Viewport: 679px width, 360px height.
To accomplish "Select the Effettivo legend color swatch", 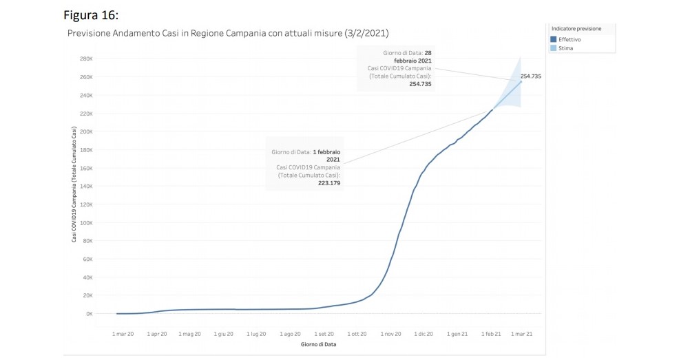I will [554, 39].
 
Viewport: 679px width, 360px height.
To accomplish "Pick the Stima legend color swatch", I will [554, 48].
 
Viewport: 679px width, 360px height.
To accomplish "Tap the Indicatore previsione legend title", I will [576, 29].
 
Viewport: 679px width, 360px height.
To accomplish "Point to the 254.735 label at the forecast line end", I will [531, 76].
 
